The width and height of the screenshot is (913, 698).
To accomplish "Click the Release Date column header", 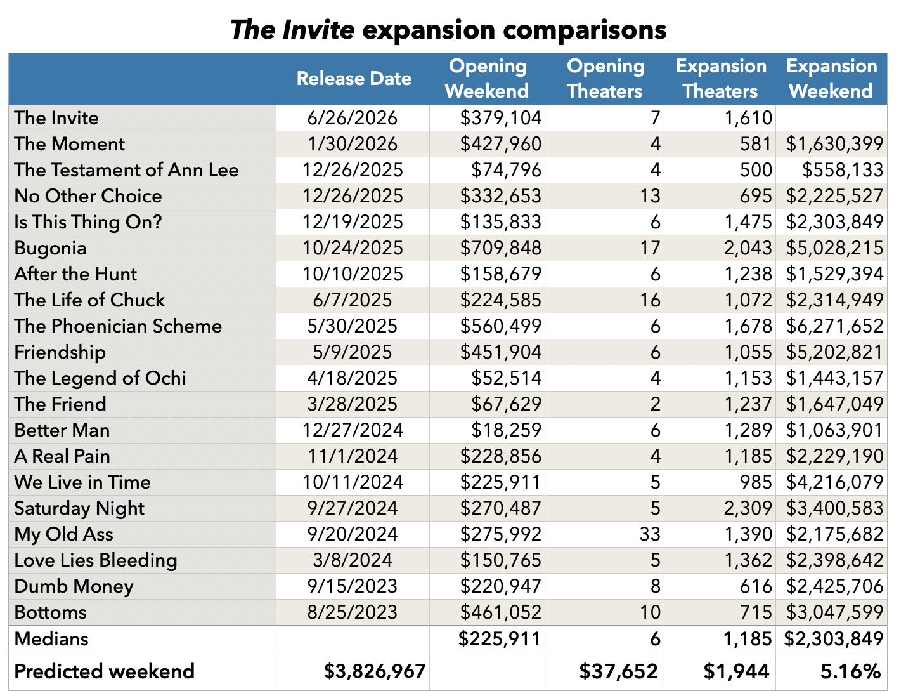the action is point(354,78).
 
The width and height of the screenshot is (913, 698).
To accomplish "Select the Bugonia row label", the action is point(50,248).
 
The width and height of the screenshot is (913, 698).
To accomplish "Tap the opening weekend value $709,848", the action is point(500,248).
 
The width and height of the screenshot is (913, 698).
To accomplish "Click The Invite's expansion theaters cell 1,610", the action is point(748,118).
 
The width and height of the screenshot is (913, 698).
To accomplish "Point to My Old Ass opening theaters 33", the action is point(650,534).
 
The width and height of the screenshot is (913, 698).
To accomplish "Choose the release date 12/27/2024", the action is point(353,430).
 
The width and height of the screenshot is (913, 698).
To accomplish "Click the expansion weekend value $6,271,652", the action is point(834,326).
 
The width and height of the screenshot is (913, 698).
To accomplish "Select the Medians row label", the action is point(51,638).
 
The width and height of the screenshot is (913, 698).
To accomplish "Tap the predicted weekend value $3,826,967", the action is point(374,671).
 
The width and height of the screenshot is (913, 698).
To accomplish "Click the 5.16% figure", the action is point(851,671).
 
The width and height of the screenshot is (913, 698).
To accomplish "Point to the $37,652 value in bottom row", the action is point(619,671).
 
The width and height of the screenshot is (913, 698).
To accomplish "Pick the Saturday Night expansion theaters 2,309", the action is point(748,508).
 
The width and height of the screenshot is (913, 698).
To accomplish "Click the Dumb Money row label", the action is point(74,586).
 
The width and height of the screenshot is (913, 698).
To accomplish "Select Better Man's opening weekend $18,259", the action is point(506,430).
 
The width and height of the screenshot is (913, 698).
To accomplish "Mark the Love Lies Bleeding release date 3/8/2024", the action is point(353,560).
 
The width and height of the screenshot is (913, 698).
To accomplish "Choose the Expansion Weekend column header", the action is point(831,78).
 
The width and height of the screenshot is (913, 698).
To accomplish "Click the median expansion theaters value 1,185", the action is point(747,638).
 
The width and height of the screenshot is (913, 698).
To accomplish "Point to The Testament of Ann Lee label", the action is point(126,170).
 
